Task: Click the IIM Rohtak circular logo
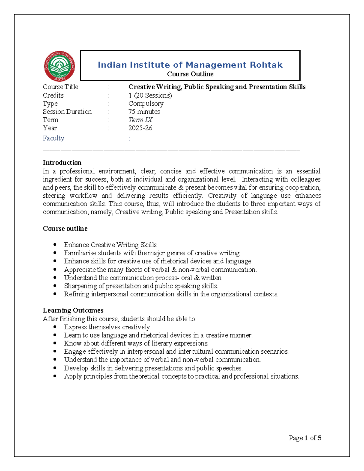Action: pos(59,66)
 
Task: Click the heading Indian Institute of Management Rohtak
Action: pos(190,65)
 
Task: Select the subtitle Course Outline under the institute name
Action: pos(190,74)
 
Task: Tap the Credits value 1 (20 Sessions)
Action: pos(150,95)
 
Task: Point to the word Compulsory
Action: pos(146,103)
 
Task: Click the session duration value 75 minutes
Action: pos(144,112)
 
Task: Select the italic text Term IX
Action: pos(140,120)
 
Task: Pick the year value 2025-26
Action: pos(140,128)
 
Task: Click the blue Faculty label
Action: pos(53,138)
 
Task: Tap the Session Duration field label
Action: pos(67,112)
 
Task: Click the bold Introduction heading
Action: pos(62,163)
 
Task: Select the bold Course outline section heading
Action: pos(65,229)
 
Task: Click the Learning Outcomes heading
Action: pos(73,310)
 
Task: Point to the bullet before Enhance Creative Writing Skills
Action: pos(55,244)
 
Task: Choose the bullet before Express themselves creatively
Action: pos(55,327)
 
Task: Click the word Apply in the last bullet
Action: pos(73,376)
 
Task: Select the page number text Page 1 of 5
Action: pos(305,438)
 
